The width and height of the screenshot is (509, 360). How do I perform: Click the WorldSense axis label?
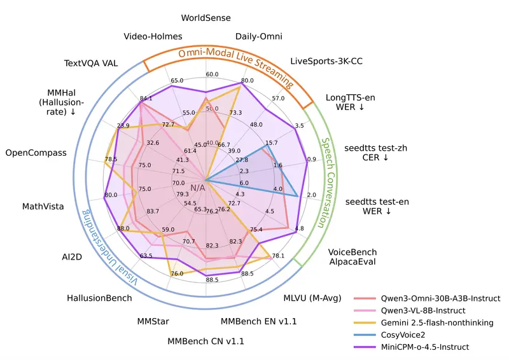[206, 18]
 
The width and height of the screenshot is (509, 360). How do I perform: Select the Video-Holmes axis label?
[153, 36]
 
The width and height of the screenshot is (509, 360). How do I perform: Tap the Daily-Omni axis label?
[259, 36]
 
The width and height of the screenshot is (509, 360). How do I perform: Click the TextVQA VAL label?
[95, 64]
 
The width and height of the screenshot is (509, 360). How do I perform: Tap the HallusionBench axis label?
[99, 298]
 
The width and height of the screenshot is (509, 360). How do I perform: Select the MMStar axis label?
[153, 321]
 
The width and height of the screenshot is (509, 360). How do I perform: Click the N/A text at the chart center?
[198, 188]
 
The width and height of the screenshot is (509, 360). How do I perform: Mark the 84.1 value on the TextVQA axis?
[146, 99]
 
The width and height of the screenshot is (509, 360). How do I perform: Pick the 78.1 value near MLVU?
[278, 256]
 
